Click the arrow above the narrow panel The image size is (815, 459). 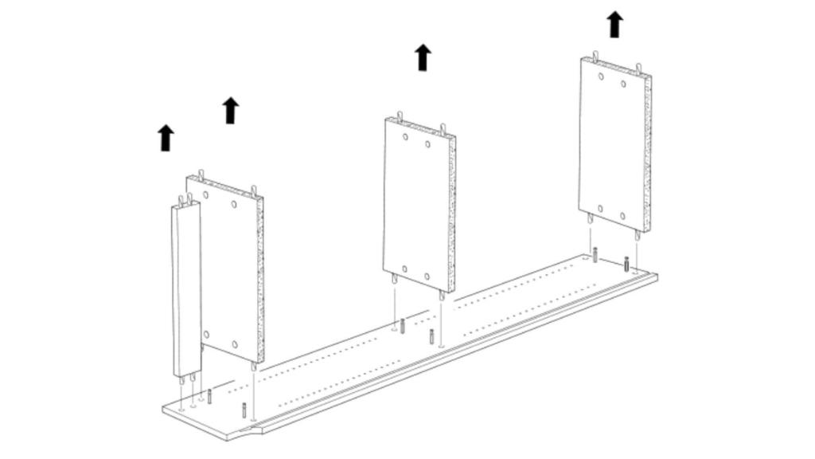tap(166, 137)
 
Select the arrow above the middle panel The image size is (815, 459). tap(423, 57)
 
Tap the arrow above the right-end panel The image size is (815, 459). tap(614, 24)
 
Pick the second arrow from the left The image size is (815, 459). tap(231, 110)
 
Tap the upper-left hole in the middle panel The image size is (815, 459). tap(405, 137)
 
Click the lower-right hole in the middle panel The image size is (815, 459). tap(427, 277)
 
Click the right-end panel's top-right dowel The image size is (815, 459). tap(638, 68)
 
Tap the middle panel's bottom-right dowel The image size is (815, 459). tap(441, 295)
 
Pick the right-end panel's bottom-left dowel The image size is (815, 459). tap(590, 217)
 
